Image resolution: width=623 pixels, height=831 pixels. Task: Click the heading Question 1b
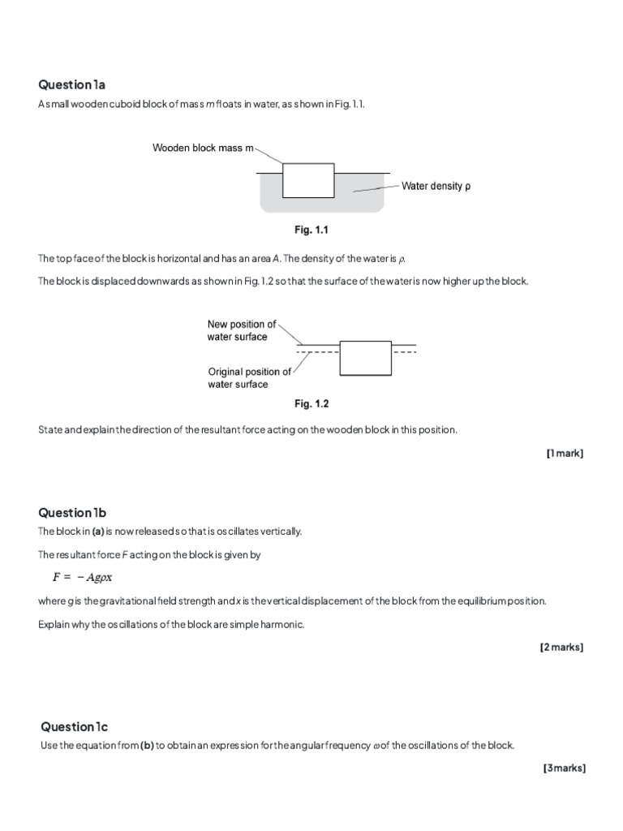(72, 512)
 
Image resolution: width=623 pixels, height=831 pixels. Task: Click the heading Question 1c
(74, 726)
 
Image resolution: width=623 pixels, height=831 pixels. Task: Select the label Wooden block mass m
(203, 149)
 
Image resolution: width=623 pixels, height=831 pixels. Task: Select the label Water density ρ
(436, 186)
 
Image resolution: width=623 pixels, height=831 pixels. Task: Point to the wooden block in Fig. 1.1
(308, 180)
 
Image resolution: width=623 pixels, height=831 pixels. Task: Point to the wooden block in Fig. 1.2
(366, 358)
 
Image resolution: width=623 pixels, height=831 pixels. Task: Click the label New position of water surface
(241, 330)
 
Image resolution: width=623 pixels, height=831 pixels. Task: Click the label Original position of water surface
(249, 378)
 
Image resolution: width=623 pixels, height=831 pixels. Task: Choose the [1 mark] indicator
(565, 453)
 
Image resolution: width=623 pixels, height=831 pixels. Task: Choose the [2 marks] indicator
(561, 647)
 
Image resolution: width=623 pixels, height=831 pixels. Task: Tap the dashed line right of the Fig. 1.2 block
(405, 353)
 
